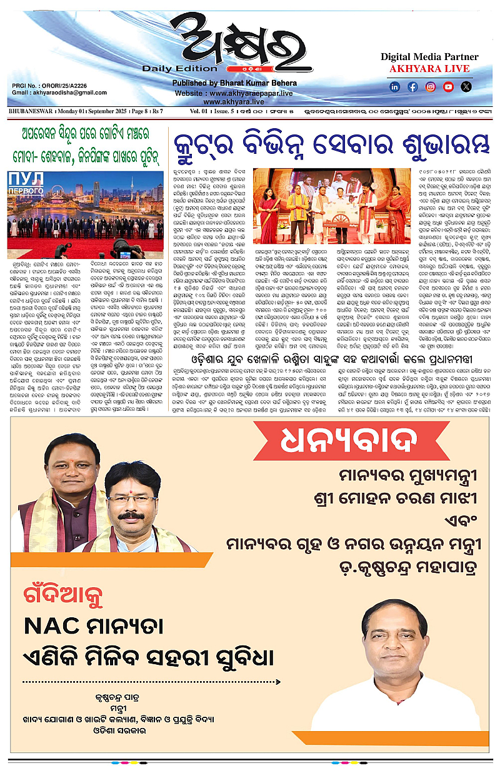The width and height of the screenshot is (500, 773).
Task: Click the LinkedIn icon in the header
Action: pos(395,87)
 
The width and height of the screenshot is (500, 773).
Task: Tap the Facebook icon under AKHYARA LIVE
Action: pos(412,87)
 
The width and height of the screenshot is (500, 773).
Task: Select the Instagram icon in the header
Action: pos(431,87)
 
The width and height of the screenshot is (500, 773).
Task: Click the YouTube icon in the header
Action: pos(448,87)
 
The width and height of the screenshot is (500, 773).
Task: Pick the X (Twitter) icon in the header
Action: pos(466,87)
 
